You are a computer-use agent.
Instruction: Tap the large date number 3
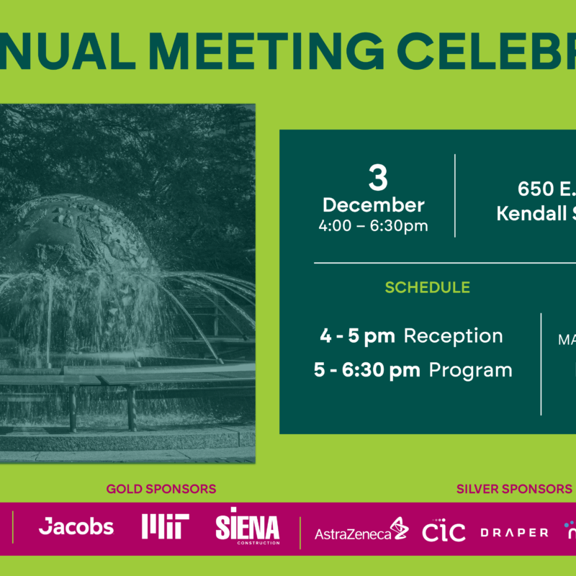point(377,176)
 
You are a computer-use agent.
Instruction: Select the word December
point(374,205)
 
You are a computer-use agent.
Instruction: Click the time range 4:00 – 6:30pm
point(374,225)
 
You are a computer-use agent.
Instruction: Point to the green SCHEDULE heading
point(427,288)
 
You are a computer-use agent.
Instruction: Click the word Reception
point(453,336)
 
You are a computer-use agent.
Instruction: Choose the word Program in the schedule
point(471,370)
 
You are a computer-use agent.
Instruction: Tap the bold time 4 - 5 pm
point(357,336)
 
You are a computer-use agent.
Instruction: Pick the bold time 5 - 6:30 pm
point(366,370)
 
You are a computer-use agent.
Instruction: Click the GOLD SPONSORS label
point(161,489)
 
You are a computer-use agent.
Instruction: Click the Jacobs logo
point(76,527)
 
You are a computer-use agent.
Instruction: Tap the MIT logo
point(165,527)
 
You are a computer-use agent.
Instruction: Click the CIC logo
point(444,531)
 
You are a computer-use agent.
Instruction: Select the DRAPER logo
point(514,533)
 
